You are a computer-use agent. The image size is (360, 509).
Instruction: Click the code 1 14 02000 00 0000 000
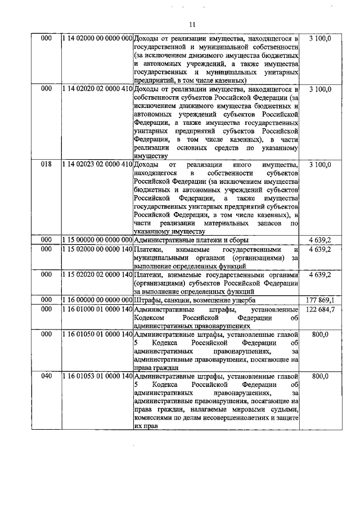pos(97,38)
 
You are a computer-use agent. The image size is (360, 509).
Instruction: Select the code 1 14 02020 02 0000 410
pos(97,89)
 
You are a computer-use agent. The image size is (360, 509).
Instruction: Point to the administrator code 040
pos(47,376)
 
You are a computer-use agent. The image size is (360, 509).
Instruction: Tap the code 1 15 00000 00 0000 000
pos(97,240)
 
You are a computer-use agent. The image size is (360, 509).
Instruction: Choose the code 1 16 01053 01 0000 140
pos(97,376)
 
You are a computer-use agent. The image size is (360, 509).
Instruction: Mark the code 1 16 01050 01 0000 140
pos(97,335)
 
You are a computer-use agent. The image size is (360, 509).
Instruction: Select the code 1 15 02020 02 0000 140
pos(97,274)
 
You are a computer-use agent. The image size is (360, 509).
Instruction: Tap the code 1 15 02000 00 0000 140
pos(97,249)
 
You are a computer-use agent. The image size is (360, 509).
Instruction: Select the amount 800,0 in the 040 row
pos(321,376)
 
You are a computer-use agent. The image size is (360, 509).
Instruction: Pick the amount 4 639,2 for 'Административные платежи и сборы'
pos(321,240)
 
